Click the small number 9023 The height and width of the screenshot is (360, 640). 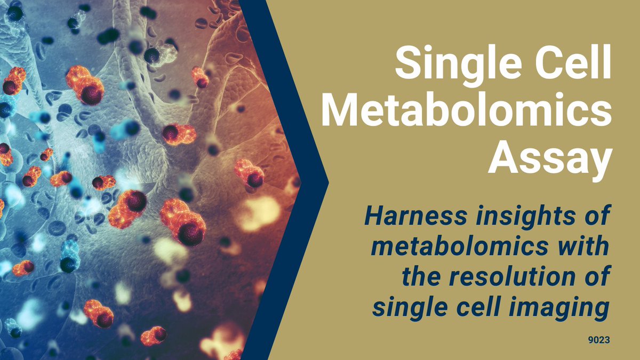[599, 338]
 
